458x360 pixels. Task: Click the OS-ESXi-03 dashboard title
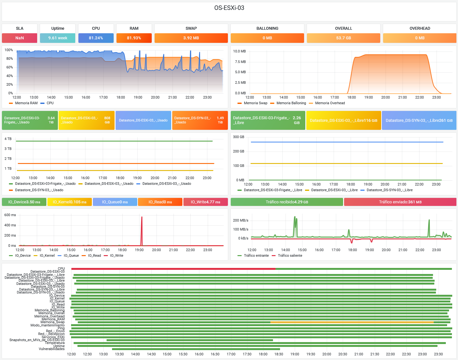point(229,8)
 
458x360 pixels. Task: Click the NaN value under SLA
point(20,38)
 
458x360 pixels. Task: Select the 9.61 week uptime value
point(58,38)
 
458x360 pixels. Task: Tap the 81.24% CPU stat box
point(96,38)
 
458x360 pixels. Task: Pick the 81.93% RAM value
point(134,38)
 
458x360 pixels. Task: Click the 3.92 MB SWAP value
point(191,38)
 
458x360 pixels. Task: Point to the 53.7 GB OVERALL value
point(343,38)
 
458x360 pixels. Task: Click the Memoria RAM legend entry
point(26,103)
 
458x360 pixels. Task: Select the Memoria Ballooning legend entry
point(291,103)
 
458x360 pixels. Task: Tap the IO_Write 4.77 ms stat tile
point(205,202)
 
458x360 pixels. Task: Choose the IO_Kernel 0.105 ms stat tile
point(69,202)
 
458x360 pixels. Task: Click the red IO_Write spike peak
point(142,217)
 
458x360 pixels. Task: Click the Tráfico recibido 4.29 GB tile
point(287,202)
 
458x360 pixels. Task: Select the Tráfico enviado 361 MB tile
point(400,202)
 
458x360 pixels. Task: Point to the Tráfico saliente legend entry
point(290,256)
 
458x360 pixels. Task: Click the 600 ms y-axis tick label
point(10,215)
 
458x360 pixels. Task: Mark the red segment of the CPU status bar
point(173,269)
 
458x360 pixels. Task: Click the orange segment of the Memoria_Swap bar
point(352,322)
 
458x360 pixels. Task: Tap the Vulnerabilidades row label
point(52,349)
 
